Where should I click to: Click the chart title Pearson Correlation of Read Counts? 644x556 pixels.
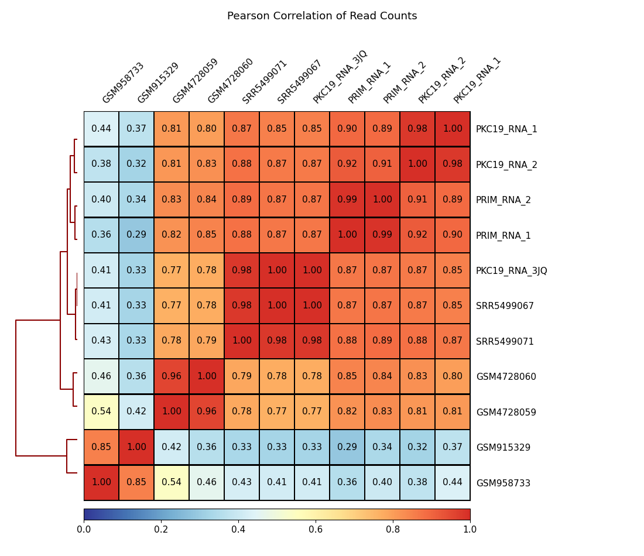(322, 16)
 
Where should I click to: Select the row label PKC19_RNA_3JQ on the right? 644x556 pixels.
(511, 271)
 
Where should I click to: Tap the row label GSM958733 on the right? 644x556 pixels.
(503, 483)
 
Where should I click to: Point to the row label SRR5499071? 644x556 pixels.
(505, 342)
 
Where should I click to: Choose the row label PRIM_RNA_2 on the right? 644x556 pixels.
(503, 200)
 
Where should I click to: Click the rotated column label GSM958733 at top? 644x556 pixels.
(123, 83)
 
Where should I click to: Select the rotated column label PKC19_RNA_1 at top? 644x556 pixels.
(477, 81)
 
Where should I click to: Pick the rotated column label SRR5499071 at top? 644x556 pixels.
(265, 82)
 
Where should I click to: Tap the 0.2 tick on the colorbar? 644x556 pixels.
(161, 529)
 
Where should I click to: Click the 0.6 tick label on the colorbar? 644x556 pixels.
(316, 529)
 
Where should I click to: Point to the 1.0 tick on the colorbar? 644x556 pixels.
(470, 529)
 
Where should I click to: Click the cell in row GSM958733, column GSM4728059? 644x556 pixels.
(172, 483)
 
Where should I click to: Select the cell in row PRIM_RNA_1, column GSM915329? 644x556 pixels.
(136, 235)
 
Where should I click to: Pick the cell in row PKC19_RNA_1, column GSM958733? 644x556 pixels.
(101, 129)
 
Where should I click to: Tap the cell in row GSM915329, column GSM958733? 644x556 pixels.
(101, 447)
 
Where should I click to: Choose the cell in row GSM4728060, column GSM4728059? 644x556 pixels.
(172, 376)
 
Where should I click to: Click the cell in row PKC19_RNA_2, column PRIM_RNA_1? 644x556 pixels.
(347, 164)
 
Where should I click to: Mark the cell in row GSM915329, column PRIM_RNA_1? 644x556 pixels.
(347, 447)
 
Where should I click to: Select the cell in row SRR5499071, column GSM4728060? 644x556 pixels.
(207, 341)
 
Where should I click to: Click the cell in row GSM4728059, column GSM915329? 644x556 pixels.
(136, 412)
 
